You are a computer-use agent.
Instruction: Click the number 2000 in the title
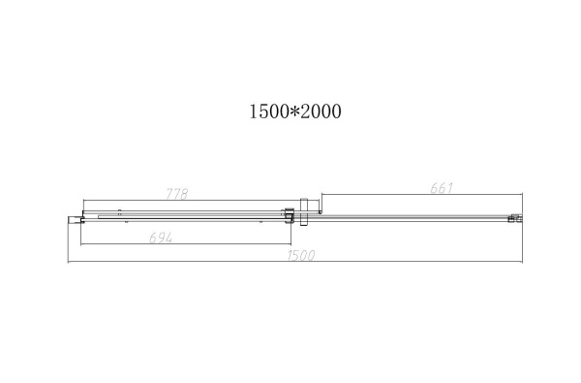[x=321, y=112]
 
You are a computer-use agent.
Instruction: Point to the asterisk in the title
[x=293, y=112]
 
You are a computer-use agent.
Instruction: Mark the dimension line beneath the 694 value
[x=184, y=244]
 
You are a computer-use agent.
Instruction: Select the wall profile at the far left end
[x=71, y=221]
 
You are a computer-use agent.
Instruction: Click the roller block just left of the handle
[x=287, y=215]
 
